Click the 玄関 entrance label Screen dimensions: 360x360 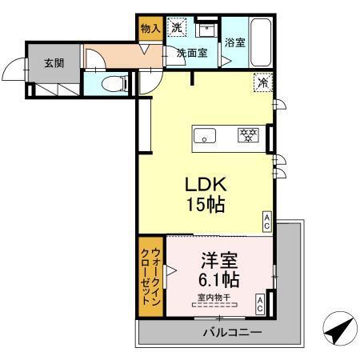(x=54, y=63)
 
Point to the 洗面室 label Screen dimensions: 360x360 (x=192, y=53)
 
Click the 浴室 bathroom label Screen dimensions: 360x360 (x=234, y=44)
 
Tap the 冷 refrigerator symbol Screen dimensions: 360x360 (x=262, y=81)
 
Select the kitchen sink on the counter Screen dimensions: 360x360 (x=206, y=136)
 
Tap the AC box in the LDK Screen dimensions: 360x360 (x=266, y=220)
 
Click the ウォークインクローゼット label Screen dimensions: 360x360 (x=150, y=280)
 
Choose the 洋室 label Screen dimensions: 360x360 (x=218, y=261)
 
